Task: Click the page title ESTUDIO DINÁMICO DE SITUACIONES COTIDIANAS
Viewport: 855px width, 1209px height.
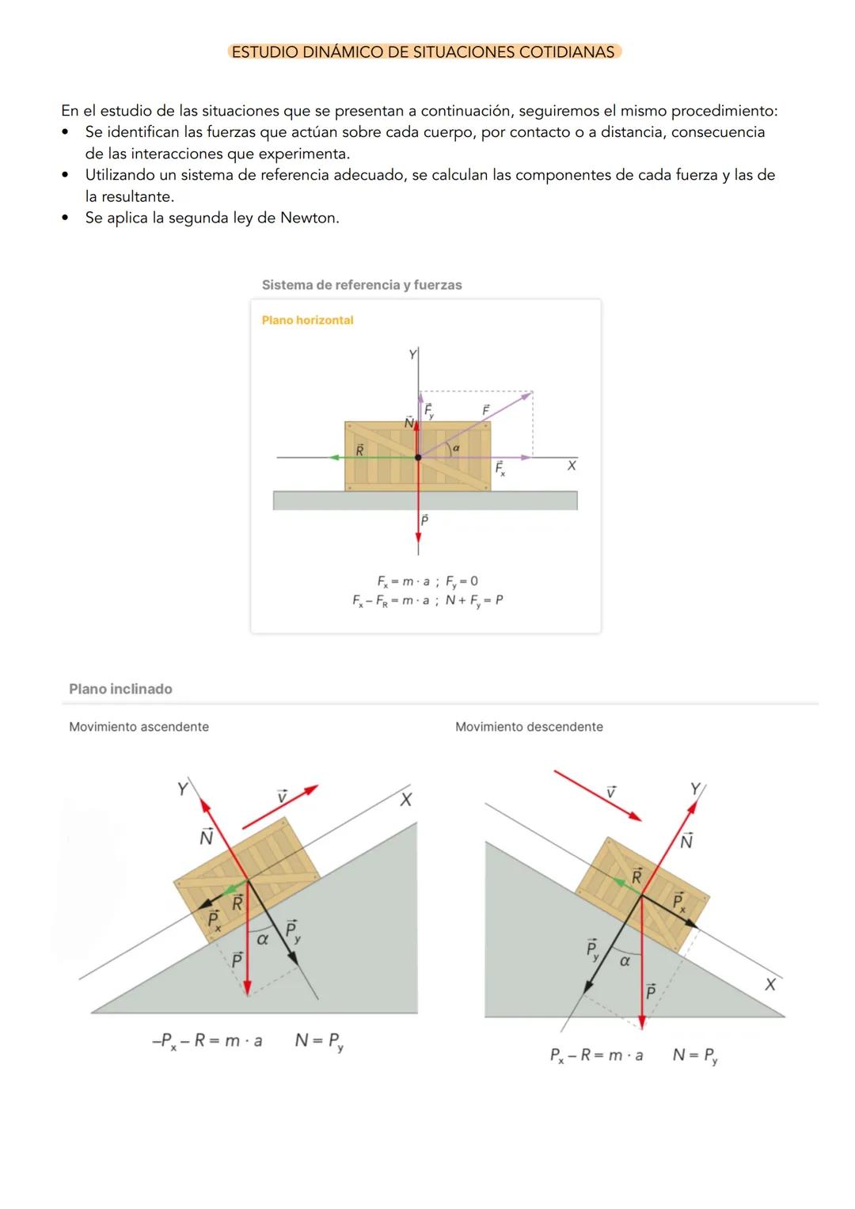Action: [423, 52]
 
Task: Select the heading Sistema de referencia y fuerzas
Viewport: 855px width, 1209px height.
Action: [362, 285]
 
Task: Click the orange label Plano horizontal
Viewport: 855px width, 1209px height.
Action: [307, 320]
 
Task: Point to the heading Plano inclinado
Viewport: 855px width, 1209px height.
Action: [120, 689]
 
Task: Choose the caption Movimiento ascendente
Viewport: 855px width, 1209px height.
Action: [139, 727]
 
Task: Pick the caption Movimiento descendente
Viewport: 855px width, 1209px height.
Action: [529, 727]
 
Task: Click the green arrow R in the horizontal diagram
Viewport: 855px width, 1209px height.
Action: [372, 457]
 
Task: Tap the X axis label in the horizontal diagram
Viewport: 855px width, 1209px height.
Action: [572, 466]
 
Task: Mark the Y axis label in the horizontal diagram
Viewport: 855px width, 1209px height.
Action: [412, 355]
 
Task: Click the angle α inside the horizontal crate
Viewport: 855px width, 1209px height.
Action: [456, 448]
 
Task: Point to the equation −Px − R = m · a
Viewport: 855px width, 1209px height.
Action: [207, 1041]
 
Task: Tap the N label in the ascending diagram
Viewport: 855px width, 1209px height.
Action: [206, 838]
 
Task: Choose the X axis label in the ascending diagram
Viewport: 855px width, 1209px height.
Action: [405, 800]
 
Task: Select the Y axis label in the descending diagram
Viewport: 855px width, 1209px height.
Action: [695, 789]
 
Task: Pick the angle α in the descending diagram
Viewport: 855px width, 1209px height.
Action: [625, 960]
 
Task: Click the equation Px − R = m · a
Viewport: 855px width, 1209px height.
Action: [596, 1055]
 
